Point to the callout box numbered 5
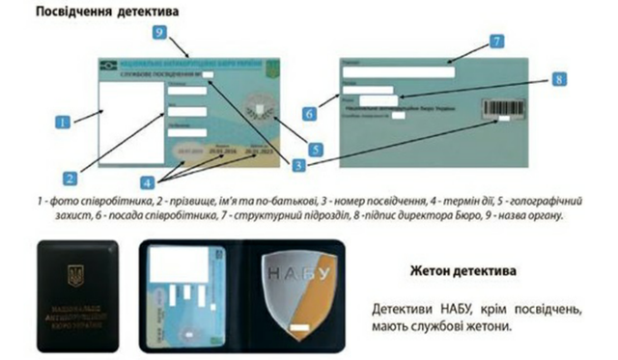click(x=315, y=148)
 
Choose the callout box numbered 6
click(x=309, y=113)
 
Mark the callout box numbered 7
click(x=495, y=42)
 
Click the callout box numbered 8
click(x=558, y=82)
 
